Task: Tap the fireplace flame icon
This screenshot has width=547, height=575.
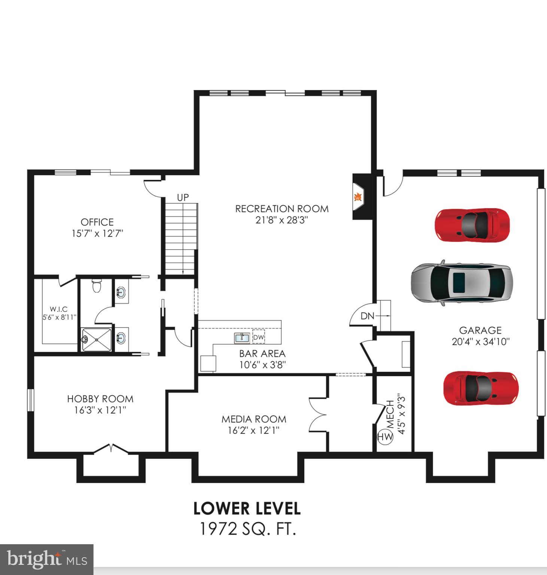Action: [358, 196]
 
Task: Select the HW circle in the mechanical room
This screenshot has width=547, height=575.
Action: [385, 437]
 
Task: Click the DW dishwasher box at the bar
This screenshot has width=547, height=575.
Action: [258, 337]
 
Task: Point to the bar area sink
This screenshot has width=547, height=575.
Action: [242, 338]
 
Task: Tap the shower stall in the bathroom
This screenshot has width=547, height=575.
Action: [97, 340]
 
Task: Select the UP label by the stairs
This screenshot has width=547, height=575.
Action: [183, 197]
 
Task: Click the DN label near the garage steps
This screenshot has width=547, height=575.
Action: [367, 316]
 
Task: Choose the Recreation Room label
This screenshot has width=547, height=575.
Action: [282, 209]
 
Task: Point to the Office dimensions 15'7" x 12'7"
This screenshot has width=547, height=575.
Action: [97, 234]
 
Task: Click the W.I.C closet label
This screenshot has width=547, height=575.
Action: [59, 309]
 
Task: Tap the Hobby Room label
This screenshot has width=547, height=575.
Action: [100, 399]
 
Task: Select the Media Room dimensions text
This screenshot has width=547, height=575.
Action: [253, 431]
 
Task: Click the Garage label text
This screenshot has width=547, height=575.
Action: [480, 330]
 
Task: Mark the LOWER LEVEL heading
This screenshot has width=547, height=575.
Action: [247, 508]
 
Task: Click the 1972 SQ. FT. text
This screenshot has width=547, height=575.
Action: [247, 529]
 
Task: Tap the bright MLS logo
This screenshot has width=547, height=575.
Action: [46, 559]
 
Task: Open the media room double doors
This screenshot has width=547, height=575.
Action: [317, 415]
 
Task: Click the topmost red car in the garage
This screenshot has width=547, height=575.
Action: [472, 225]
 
